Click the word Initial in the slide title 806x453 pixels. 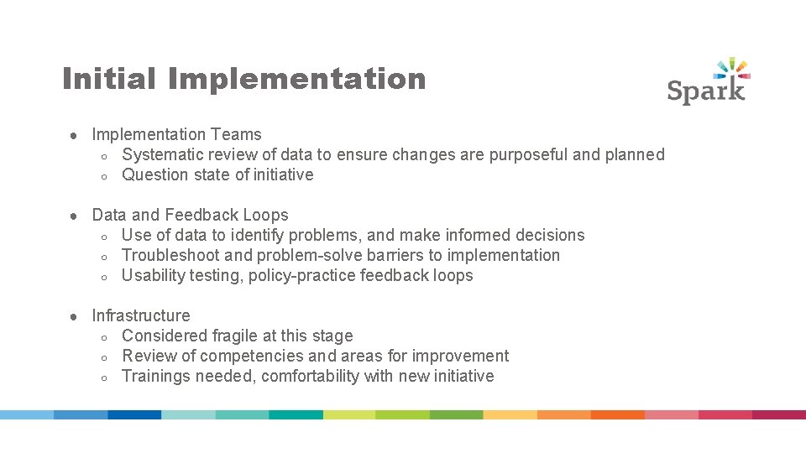coord(109,79)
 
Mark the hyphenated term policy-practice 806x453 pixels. coord(301,275)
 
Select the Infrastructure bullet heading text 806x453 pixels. coord(141,315)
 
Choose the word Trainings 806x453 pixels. coord(156,376)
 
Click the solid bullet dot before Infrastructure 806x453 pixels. coord(74,316)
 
